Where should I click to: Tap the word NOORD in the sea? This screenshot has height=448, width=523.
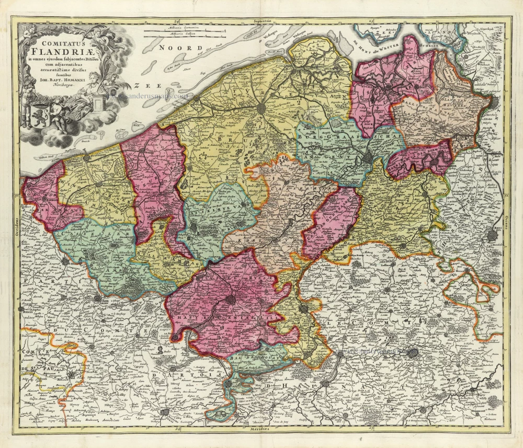point(174,48)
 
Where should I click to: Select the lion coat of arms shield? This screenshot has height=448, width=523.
point(40,114)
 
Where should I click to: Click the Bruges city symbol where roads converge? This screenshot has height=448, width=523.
point(261,108)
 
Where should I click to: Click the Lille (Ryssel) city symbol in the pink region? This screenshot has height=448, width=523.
point(230,300)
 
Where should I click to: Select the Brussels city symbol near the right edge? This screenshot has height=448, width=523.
point(493,236)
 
